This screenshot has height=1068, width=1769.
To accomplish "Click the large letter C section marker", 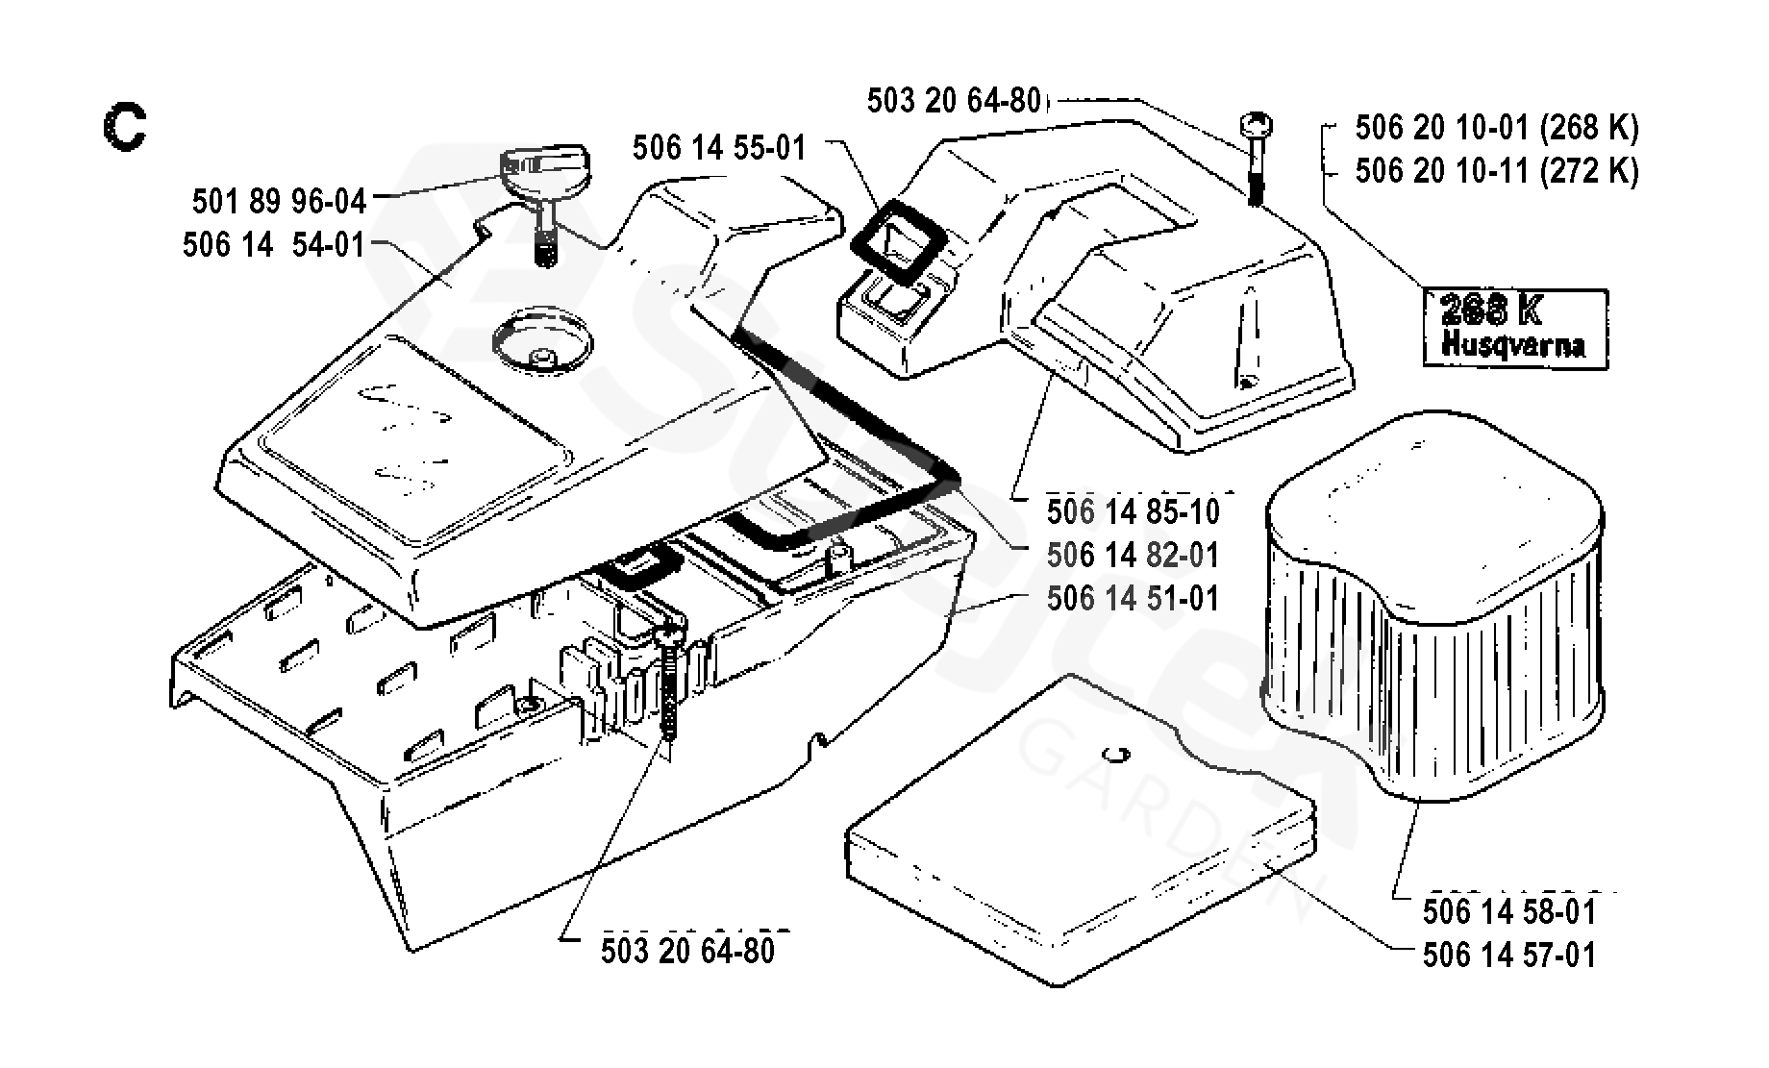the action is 124,129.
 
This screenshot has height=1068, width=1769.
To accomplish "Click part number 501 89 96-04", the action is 280,202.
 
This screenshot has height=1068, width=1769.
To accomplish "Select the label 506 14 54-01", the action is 274,244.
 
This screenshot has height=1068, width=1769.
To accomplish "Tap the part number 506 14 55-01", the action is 720,148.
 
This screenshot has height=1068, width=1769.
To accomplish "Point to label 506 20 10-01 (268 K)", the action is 1497,127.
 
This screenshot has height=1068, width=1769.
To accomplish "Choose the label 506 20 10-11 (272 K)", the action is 1497,170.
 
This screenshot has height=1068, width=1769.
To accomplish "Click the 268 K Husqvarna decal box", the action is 1514,327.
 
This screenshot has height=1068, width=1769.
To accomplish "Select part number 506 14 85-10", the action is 1134,512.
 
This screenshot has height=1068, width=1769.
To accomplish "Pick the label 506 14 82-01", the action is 1134,556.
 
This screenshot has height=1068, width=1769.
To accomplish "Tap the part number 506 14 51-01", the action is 1134,598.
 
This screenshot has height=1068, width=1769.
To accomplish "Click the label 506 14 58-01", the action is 1509,911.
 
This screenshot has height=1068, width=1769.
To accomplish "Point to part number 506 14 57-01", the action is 1509,955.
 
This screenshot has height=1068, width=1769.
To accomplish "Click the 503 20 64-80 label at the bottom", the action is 688,951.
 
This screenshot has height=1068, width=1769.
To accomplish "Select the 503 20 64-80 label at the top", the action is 955,101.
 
